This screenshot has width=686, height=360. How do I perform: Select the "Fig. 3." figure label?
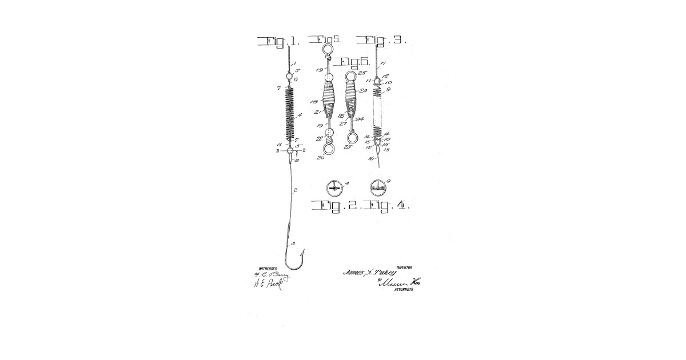pyautogui.click(x=381, y=40)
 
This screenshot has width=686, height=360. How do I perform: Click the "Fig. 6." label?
pyautogui.click(x=352, y=62)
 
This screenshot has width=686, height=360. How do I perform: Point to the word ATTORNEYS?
pyautogui.click(x=404, y=290)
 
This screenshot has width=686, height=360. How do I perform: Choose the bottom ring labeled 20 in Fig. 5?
pyautogui.click(x=329, y=150)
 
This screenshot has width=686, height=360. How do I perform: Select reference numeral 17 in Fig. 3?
pyautogui.click(x=384, y=63)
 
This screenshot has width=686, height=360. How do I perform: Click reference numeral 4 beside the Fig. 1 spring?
pyautogui.click(x=300, y=115)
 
